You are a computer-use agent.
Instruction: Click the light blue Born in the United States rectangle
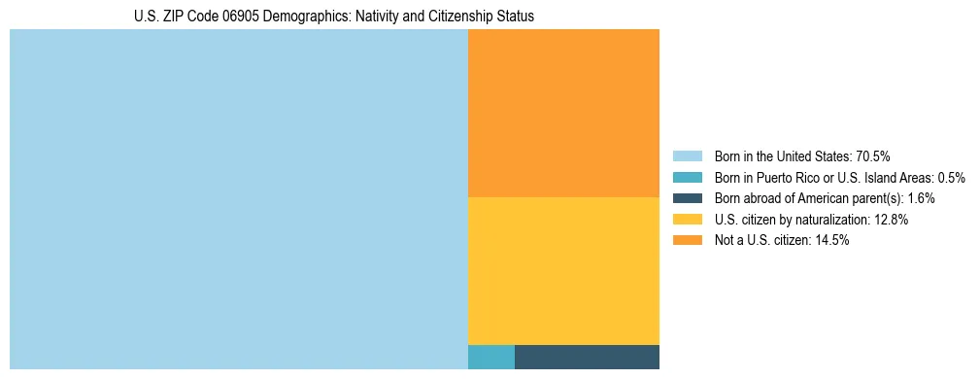pos(238,199)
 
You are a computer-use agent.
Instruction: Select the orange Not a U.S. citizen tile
pos(563,113)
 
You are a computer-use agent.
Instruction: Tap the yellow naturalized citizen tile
pos(563,270)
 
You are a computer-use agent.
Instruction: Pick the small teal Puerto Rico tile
pos(490,357)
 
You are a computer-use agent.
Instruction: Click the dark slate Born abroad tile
pos(587,357)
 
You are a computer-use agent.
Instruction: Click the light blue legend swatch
pos(687,156)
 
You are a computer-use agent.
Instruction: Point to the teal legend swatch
pos(687,178)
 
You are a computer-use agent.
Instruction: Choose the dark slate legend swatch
pos(687,198)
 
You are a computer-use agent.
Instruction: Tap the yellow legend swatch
pos(687,220)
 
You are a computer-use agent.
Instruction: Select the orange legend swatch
pos(687,241)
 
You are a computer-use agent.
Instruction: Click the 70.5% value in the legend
pos(873,156)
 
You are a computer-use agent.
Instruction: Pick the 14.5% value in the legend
pos(832,241)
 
